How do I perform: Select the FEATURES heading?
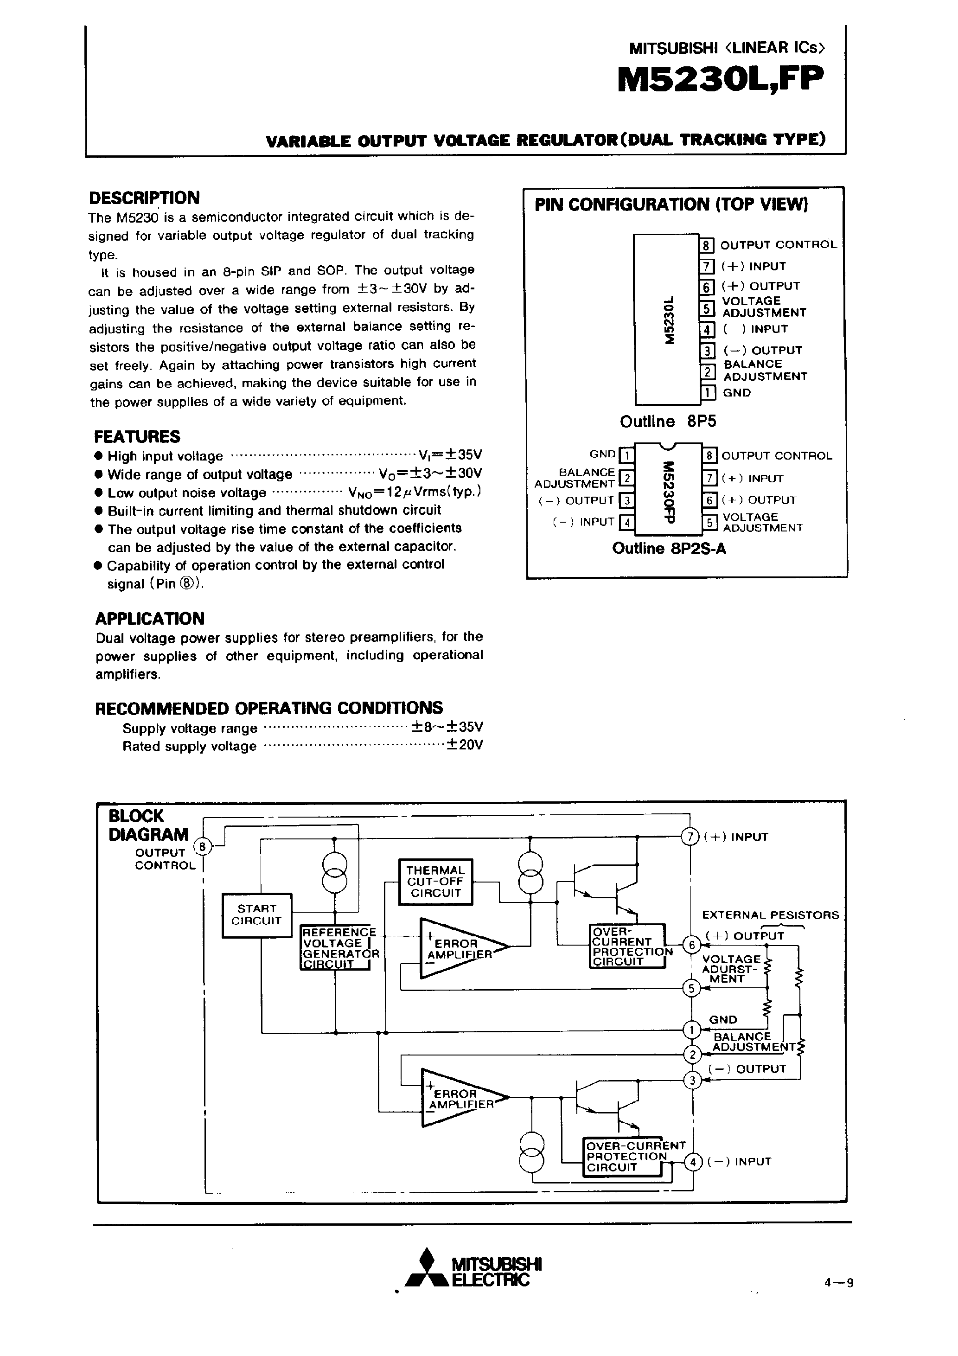137,436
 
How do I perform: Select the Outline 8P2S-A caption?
669,549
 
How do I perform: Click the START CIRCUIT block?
256,915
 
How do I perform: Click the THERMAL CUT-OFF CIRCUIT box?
436,882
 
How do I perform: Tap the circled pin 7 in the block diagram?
690,837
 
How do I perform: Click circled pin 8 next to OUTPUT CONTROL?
203,847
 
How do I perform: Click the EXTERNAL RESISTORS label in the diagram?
770,915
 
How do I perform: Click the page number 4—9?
839,1282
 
